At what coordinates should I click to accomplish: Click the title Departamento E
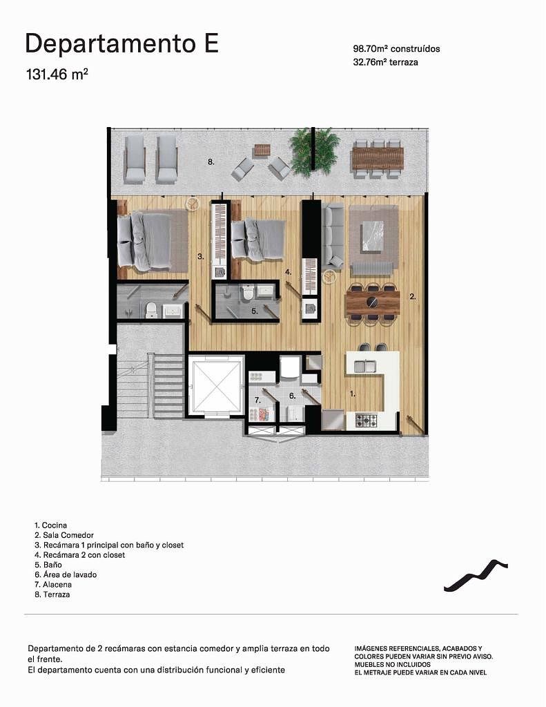click(x=122, y=44)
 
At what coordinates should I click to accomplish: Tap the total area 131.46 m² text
click(x=57, y=74)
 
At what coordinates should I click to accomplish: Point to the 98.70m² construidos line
click(x=396, y=49)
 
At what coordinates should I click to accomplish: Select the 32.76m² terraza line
click(x=385, y=62)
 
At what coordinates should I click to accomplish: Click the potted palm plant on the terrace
click(x=314, y=151)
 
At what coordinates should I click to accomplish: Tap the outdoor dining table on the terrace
click(x=378, y=158)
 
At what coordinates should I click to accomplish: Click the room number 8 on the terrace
click(x=211, y=162)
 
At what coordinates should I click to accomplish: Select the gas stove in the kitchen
click(x=367, y=420)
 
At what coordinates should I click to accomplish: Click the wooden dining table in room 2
click(x=373, y=302)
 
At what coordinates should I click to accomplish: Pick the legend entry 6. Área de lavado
click(x=66, y=574)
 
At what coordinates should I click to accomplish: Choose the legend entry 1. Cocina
click(x=51, y=525)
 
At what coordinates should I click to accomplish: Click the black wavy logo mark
click(x=476, y=575)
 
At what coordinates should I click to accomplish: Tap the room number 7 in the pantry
click(x=257, y=400)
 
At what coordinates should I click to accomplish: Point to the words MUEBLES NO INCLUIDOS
click(x=392, y=664)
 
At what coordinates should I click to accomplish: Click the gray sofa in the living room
click(x=331, y=235)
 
